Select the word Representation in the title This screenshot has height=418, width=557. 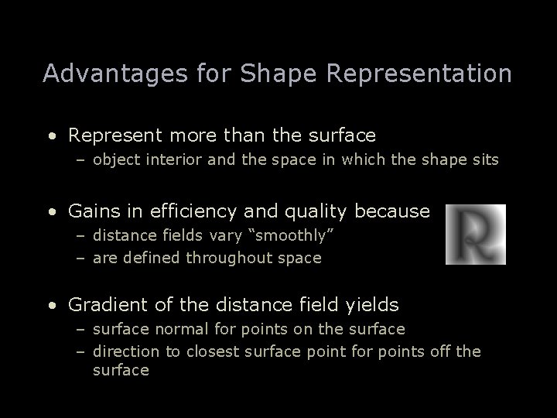419,73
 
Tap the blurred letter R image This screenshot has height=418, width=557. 476,235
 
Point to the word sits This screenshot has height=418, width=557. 484,160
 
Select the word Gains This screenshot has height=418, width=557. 91,210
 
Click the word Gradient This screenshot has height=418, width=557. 103,306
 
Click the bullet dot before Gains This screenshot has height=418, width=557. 51,211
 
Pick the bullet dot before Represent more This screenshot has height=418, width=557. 51,136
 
